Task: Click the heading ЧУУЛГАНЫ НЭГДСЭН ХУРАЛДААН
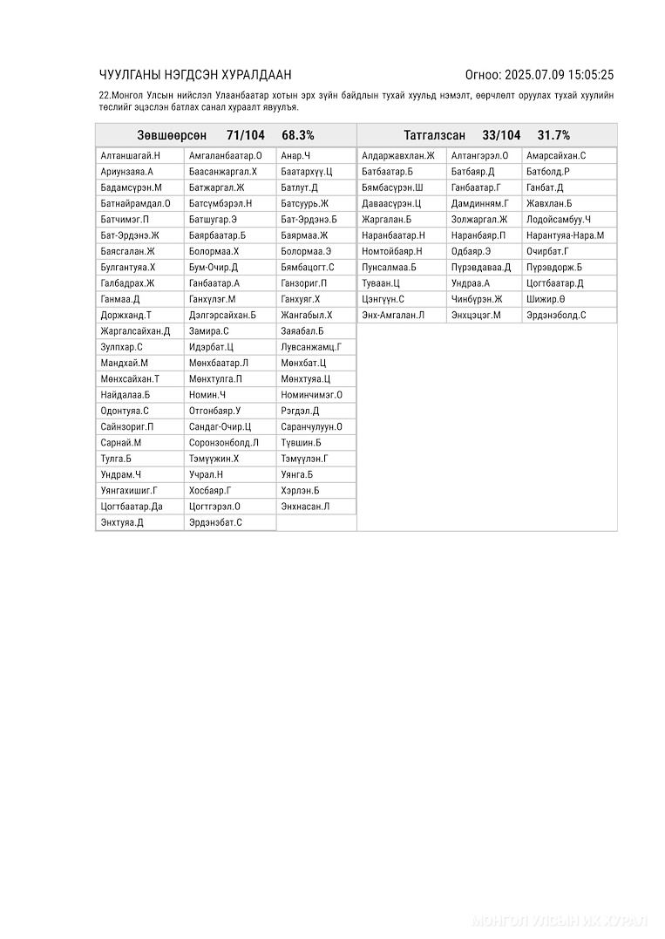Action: pos(195,75)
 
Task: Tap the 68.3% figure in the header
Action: pos(298,135)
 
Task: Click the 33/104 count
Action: pos(501,135)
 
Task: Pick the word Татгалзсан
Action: pos(434,135)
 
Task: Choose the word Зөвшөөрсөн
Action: pos(172,135)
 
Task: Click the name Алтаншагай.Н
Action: pos(130,156)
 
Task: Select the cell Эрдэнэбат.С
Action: pos(215,522)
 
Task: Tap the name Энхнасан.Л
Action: pos(305,507)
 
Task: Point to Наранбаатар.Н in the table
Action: pos(393,235)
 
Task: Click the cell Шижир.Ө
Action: pos(546,299)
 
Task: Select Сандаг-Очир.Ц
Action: pos(220,427)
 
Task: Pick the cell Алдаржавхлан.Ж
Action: pos(397,156)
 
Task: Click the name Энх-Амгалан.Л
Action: pos(393,315)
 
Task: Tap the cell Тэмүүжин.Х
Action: pos(214,459)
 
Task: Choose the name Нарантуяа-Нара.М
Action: pos(565,235)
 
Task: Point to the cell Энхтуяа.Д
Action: pos(122,522)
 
